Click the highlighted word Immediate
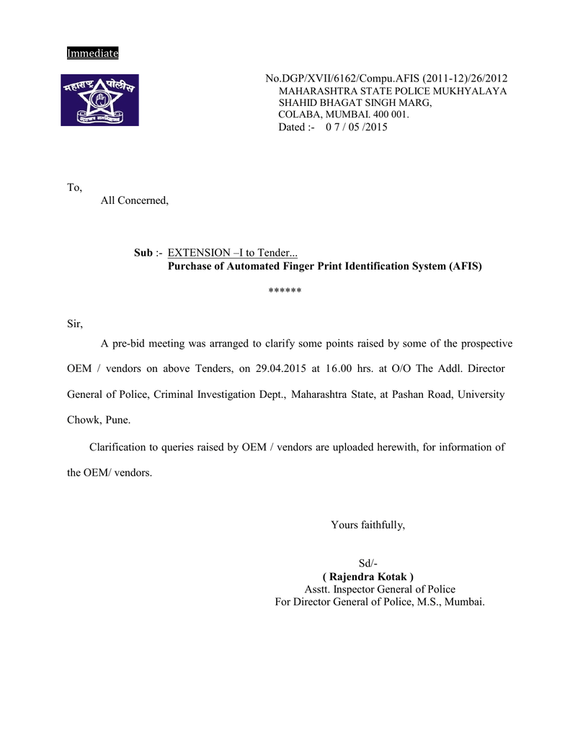[x=92, y=53]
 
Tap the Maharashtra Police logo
[x=99, y=100]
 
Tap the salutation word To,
[x=75, y=187]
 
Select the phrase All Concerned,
[x=135, y=200]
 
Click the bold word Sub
[x=143, y=253]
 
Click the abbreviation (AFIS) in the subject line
[x=465, y=266]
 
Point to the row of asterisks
[x=285, y=291]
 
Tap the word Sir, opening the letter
[x=75, y=324]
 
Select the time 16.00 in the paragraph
[x=338, y=369]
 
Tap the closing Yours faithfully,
[x=368, y=525]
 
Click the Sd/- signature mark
[x=368, y=564]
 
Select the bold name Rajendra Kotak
[x=368, y=577]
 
